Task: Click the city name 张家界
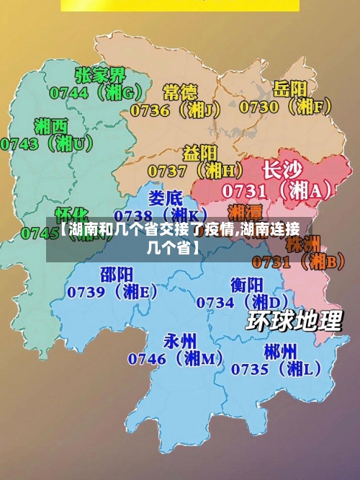pyautogui.click(x=100, y=75)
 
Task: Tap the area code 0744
pyautogui.click(x=68, y=92)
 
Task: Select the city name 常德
pyautogui.click(x=180, y=92)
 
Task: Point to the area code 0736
pyautogui.click(x=150, y=110)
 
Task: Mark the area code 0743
pyautogui.click(x=19, y=143)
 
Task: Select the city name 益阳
pyautogui.click(x=200, y=153)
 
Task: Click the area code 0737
pyautogui.click(x=167, y=171)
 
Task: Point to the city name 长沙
pyautogui.click(x=282, y=170)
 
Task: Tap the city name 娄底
pyautogui.click(x=166, y=197)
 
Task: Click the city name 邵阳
pyautogui.click(x=116, y=274)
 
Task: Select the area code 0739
pyautogui.click(x=87, y=292)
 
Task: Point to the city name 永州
pyautogui.click(x=181, y=340)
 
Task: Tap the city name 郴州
pyautogui.click(x=280, y=351)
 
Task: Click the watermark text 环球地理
pyautogui.click(x=294, y=321)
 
